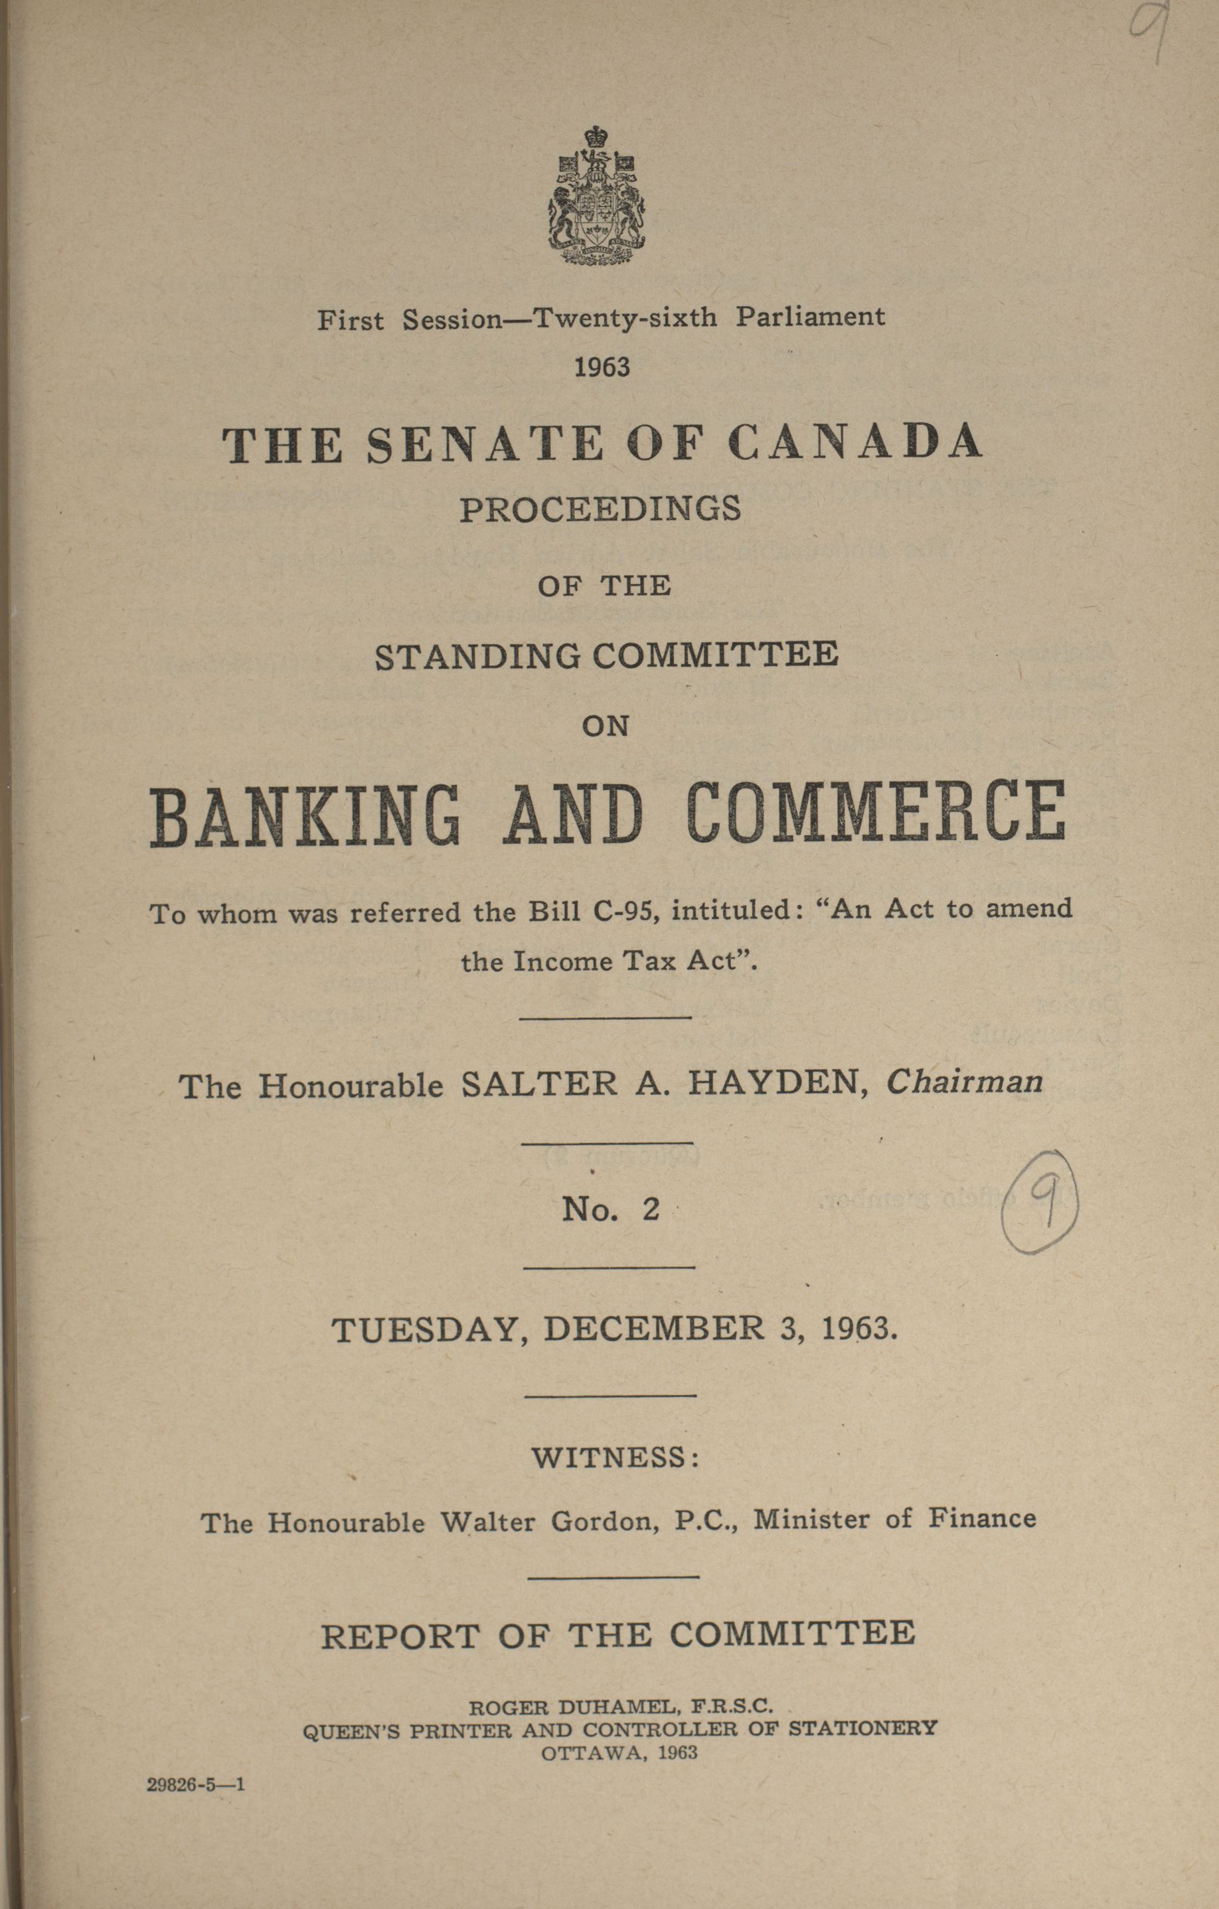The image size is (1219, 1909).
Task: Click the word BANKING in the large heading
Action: point(305,813)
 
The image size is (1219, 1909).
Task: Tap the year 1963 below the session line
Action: point(602,367)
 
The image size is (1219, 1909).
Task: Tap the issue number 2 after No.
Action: point(651,1209)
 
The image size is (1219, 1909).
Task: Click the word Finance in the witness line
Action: point(981,1517)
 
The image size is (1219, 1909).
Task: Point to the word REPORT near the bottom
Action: point(400,1635)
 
